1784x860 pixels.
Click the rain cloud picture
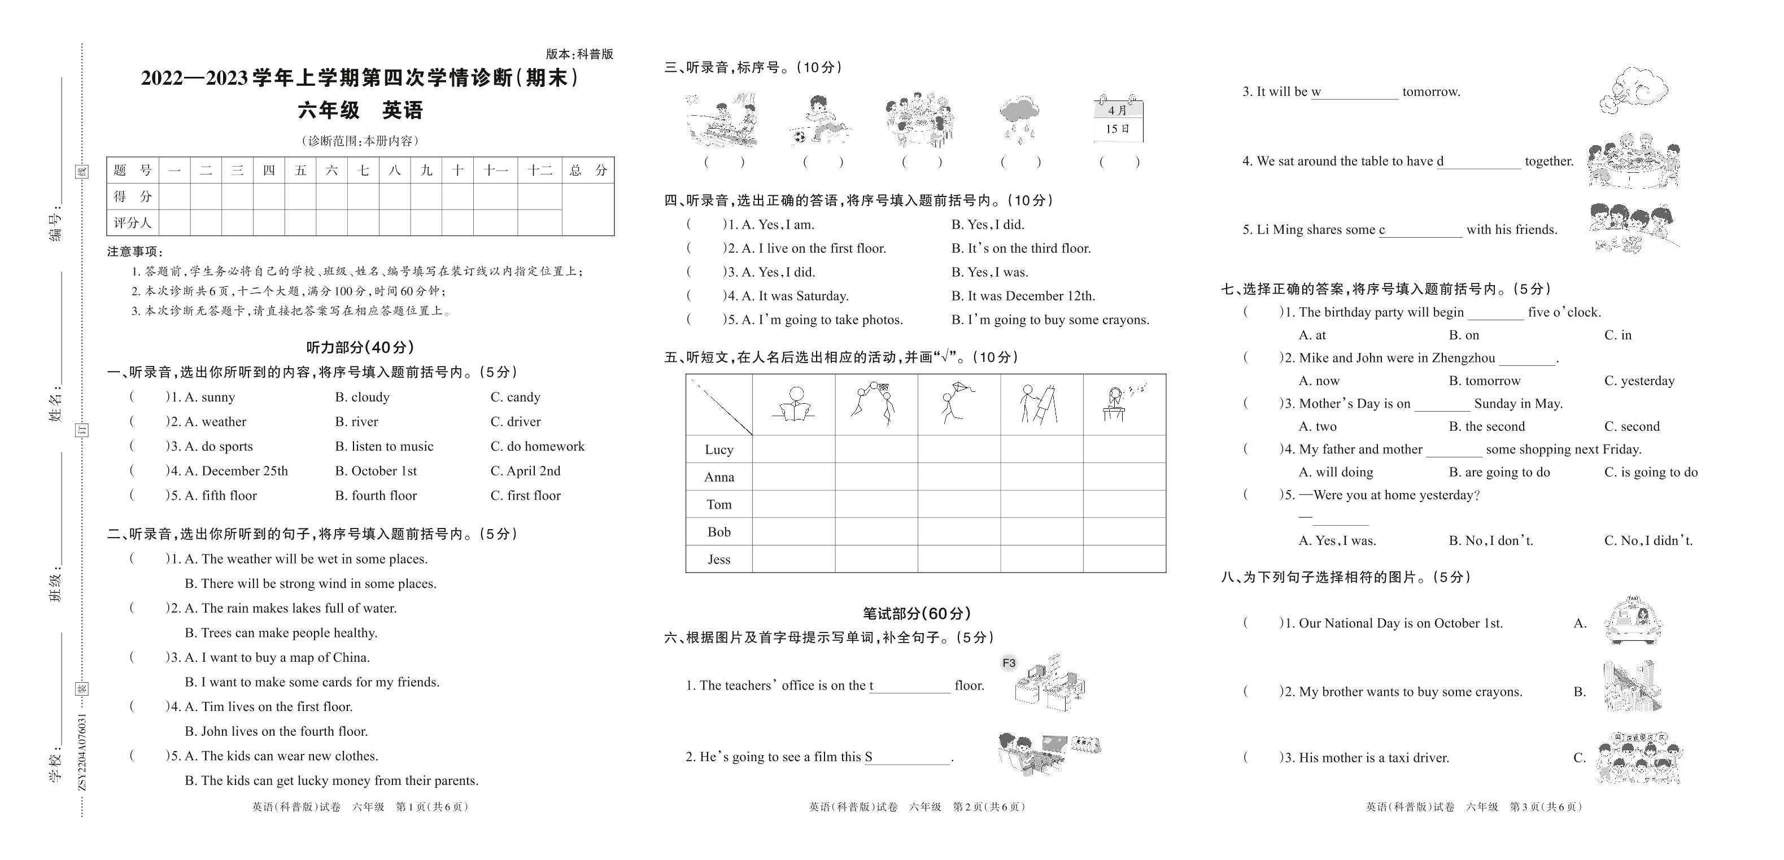[x=1019, y=119]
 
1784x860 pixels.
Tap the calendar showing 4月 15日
[x=1118, y=119]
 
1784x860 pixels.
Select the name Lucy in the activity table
[x=719, y=449]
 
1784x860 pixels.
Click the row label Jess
[x=719, y=560]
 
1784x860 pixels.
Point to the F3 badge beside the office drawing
[x=1009, y=663]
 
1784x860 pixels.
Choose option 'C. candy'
[x=515, y=398]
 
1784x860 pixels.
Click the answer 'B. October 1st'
[x=376, y=472]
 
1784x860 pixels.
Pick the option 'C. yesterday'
[x=1639, y=381]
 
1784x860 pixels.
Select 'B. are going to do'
[x=1499, y=472]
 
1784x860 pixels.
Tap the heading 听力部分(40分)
[x=360, y=347]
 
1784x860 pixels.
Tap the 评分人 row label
[x=132, y=223]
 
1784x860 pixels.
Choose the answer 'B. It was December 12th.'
[x=1023, y=296]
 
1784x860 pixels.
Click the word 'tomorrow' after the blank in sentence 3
[x=1431, y=92]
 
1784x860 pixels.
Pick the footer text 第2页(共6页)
[x=989, y=807]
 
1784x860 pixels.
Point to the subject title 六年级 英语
[x=360, y=110]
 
